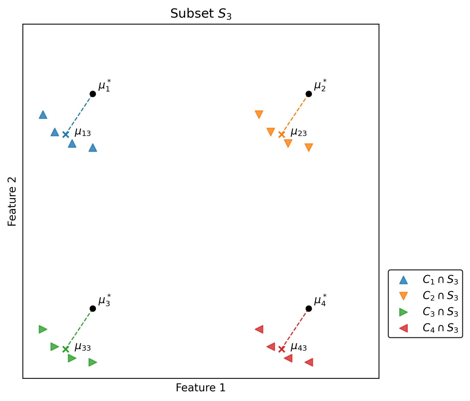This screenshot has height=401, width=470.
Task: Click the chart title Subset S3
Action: pyautogui.click(x=201, y=14)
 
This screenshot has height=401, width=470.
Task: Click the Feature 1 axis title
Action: pyautogui.click(x=201, y=388)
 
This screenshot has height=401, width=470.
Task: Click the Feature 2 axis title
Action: pyautogui.click(x=12, y=201)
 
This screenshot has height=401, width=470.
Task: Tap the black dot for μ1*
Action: pyautogui.click(x=93, y=94)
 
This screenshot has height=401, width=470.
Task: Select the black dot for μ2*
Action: pyautogui.click(x=309, y=94)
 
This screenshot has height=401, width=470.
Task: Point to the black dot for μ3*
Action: pyautogui.click(x=93, y=309)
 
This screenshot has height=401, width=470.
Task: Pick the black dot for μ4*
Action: pyautogui.click(x=309, y=309)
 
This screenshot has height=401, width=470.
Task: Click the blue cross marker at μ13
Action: pyautogui.click(x=66, y=134)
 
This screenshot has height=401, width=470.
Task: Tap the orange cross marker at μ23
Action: pyautogui.click(x=282, y=134)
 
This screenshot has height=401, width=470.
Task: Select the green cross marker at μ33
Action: pyautogui.click(x=66, y=349)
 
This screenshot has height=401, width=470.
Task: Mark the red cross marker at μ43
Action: pyautogui.click(x=282, y=349)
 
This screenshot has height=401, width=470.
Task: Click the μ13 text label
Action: pyautogui.click(x=83, y=133)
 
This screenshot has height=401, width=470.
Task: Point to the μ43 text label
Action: pyautogui.click(x=299, y=347)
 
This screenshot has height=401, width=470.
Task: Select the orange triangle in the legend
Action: pyautogui.click(x=404, y=296)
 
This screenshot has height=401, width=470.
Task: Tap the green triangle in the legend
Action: pyautogui.click(x=404, y=312)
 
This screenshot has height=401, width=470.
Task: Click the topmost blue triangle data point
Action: pyautogui.click(x=43, y=115)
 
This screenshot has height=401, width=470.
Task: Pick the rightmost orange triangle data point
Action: pyautogui.click(x=309, y=147)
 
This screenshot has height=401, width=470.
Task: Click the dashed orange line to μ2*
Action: pyautogui.click(x=295, y=114)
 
